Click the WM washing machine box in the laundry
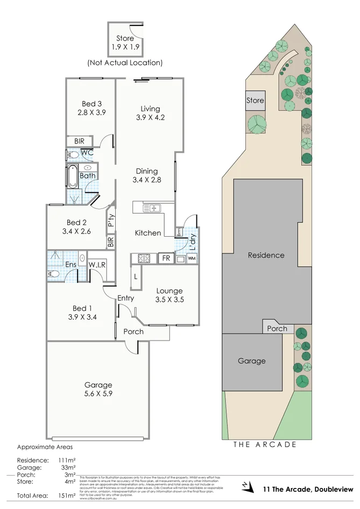coord(192,259)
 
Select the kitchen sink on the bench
coord(152,208)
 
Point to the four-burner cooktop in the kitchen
coord(143,259)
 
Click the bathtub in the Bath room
coord(72,176)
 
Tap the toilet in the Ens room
coord(54,274)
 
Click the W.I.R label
coord(97,264)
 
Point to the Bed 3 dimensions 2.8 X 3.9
coord(90,113)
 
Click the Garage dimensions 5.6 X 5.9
coord(98,393)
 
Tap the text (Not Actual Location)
coord(125,62)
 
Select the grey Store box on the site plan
coord(255,101)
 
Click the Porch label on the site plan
coord(277,328)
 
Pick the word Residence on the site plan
coord(266,255)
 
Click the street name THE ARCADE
coord(265,444)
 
